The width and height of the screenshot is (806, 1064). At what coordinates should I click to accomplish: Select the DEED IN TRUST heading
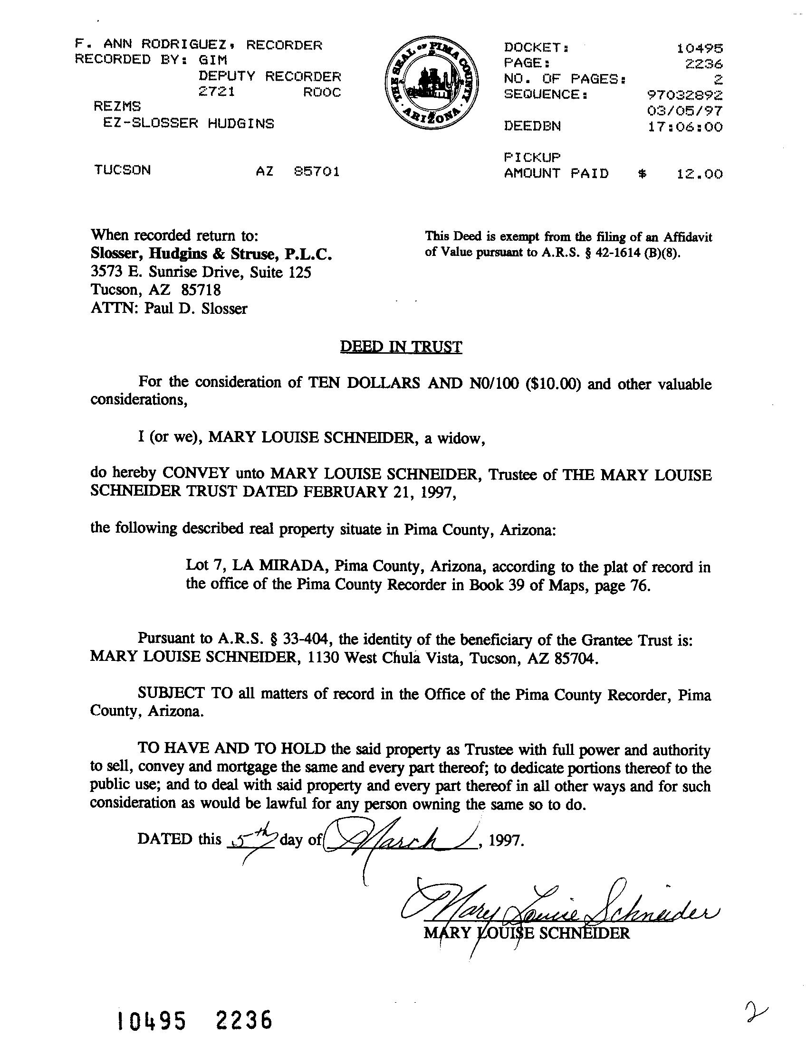point(401,347)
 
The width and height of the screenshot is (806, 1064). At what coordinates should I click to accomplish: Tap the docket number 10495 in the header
point(700,48)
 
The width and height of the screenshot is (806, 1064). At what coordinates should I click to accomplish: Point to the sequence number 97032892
point(685,95)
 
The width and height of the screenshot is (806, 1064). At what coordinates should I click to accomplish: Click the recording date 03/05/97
point(685,111)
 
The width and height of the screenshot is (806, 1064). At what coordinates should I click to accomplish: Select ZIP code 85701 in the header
point(317,171)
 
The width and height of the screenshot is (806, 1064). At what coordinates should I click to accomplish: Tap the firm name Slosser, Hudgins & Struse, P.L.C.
point(211,254)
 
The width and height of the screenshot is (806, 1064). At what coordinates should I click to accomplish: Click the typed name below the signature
point(526,933)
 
